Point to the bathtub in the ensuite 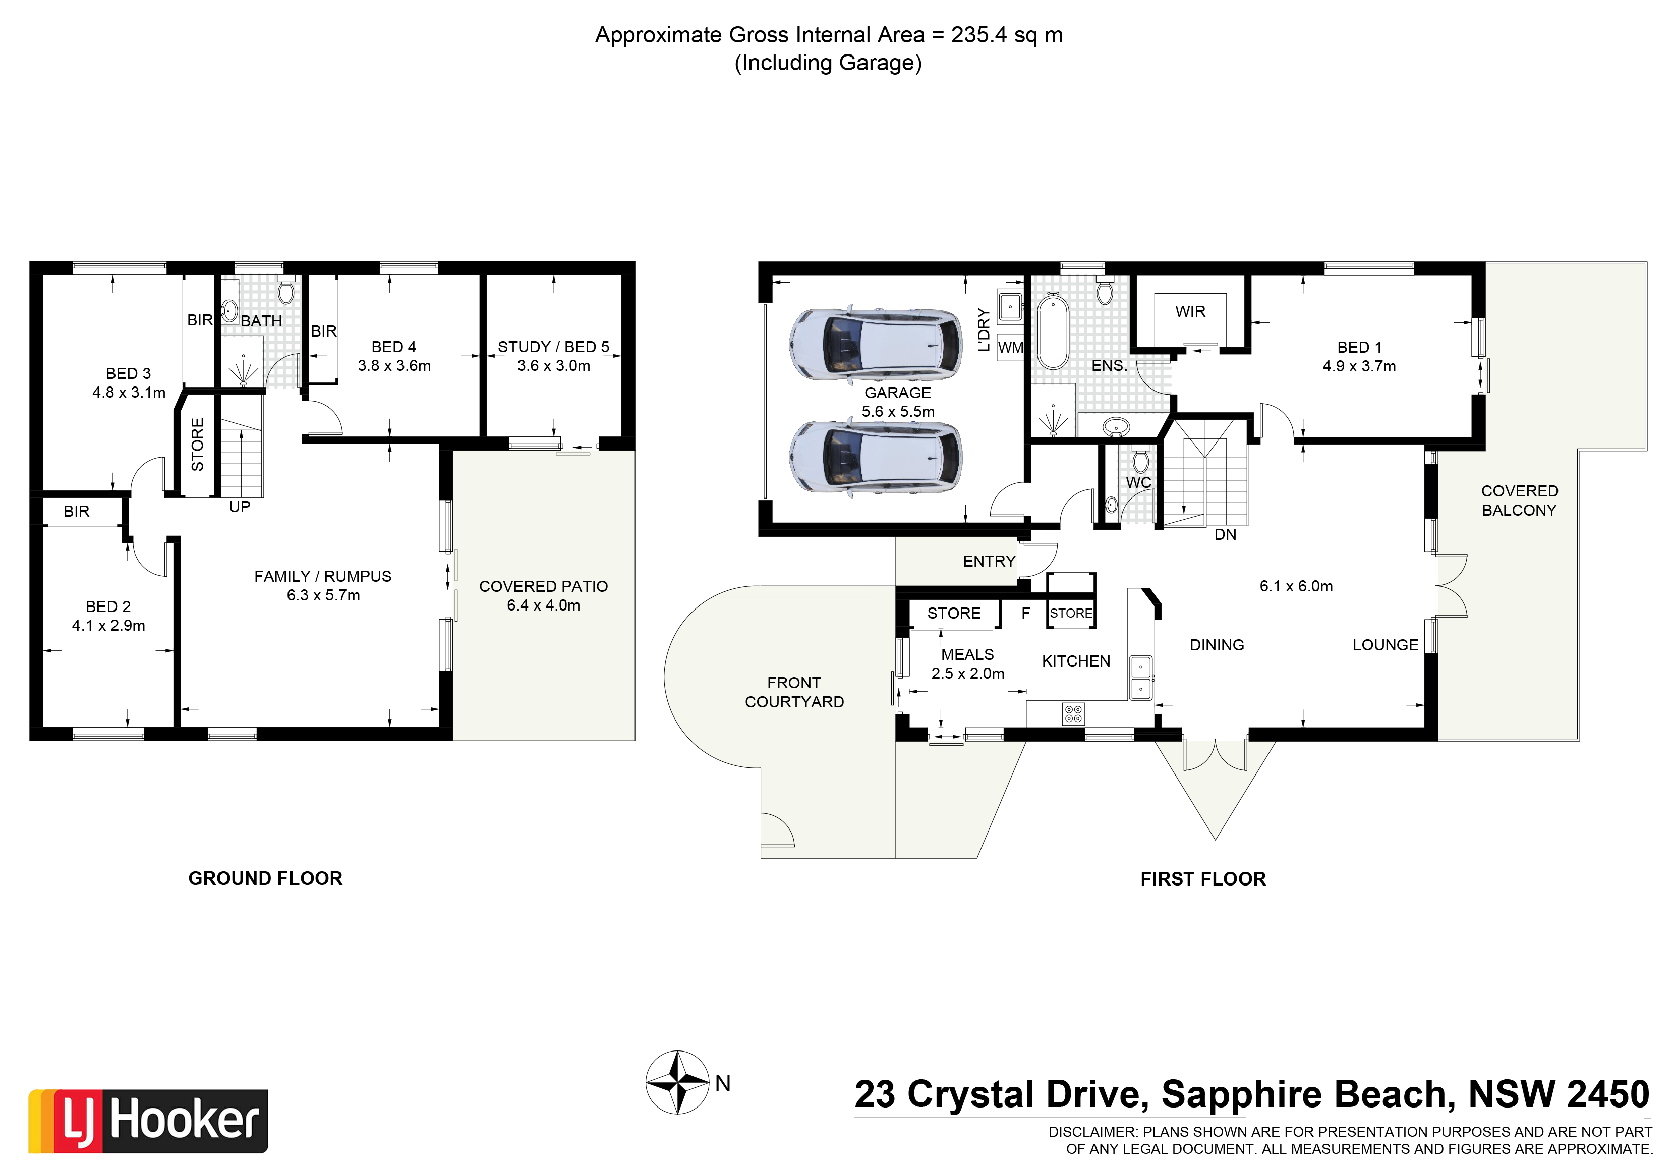1052,332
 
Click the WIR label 1190,312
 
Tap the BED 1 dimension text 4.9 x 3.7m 1359,366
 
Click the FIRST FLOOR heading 1202,879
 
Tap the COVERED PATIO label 543,586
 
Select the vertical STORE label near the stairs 197,444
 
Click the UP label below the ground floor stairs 240,507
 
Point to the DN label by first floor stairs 1225,534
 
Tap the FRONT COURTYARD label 794,692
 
